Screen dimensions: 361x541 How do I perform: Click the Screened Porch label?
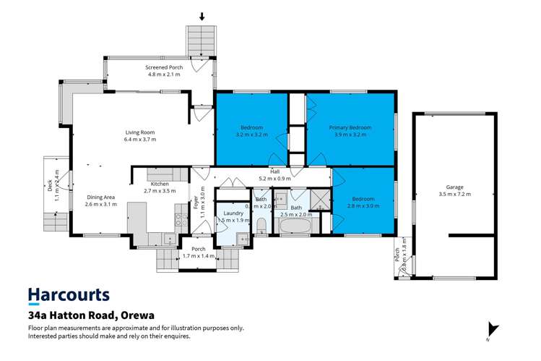165,67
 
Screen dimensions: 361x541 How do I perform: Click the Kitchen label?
160,184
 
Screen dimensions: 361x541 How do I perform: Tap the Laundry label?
233,213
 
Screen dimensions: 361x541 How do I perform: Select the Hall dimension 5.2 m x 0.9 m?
274,178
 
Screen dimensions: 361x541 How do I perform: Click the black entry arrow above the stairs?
202,16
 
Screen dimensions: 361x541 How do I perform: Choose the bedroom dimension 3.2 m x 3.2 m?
251,135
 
